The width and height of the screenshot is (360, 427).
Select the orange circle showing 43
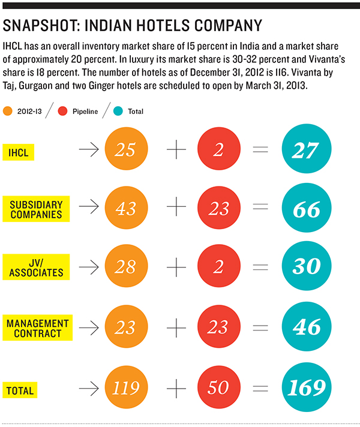(125, 209)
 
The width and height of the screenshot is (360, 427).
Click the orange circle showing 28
(125, 266)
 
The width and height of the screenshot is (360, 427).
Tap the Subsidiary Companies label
(37, 209)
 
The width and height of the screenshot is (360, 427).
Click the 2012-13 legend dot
(8, 112)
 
